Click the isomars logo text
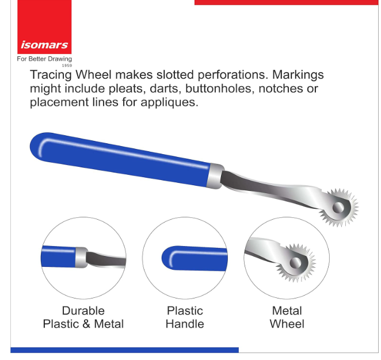tap(44, 45)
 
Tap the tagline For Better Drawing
tap(44, 59)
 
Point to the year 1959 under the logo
tap(67, 66)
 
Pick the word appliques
tap(169, 102)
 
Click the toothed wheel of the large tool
tap(340, 208)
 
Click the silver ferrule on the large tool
tap(215, 176)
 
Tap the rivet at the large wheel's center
tap(338, 208)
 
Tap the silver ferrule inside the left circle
tap(81, 257)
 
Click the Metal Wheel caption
tap(287, 317)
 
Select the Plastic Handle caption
tap(185, 317)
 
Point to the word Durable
tap(83, 311)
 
